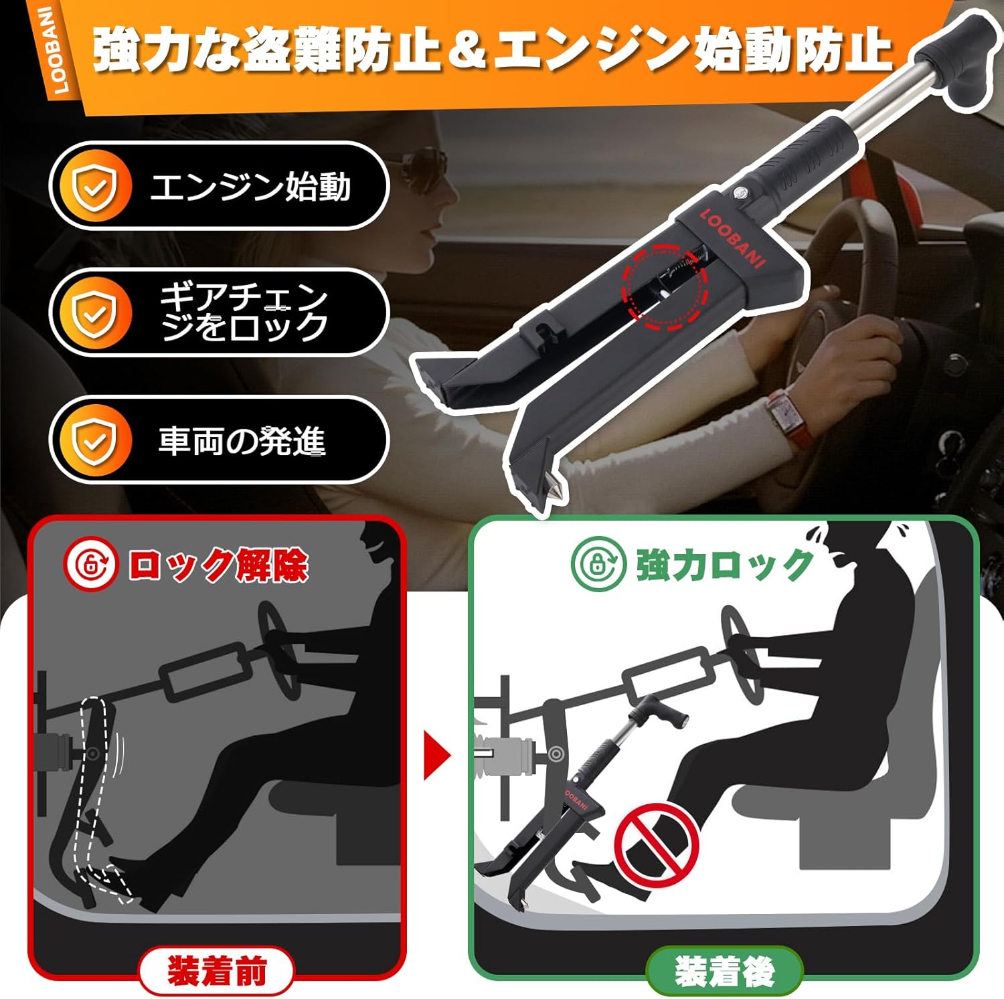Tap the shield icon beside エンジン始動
tap(94, 187)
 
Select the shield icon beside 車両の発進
tap(94, 440)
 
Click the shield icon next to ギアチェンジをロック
tap(94, 313)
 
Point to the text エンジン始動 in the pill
tap(250, 187)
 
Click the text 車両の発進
tap(242, 442)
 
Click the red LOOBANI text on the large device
tap(733, 238)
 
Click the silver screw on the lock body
tap(739, 193)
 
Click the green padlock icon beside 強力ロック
tap(598, 564)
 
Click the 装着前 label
tap(216, 971)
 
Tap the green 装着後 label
tap(724, 972)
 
